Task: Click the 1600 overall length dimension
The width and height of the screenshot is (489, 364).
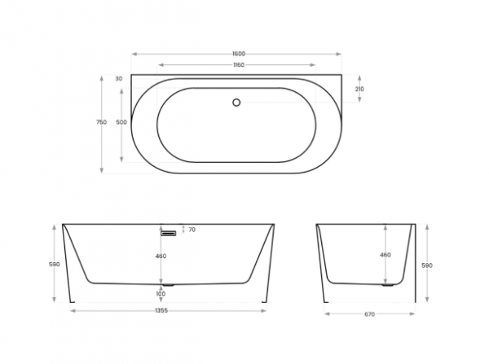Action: [237, 54]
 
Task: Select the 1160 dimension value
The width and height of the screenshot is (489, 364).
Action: [237, 64]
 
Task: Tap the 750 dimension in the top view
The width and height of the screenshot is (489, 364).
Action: [101, 122]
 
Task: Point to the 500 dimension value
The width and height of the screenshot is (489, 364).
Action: [121, 122]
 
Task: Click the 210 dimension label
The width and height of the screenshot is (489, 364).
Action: [359, 89]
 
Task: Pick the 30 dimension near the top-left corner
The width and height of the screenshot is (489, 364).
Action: [119, 79]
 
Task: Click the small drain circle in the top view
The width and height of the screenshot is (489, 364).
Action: [236, 102]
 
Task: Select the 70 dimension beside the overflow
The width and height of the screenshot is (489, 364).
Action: [192, 230]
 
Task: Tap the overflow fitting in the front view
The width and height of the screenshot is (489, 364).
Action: [169, 233]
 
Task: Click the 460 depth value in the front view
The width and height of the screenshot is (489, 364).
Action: [161, 257]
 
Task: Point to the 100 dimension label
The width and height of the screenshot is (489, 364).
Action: [161, 294]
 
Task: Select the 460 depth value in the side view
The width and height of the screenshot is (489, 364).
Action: [385, 255]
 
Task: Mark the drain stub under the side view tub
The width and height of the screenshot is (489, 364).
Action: [389, 284]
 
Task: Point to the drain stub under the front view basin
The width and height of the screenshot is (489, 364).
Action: [169, 285]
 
